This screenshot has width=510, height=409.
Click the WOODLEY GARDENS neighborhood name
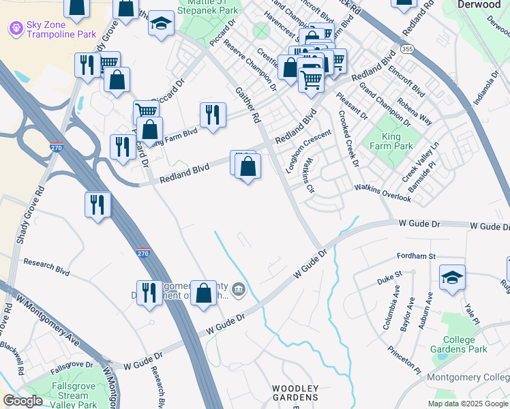pos(295,393)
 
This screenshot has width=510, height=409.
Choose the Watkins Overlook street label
pos(382,193)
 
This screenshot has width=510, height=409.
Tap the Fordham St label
pos(416,256)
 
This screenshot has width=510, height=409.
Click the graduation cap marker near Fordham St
pos(452,277)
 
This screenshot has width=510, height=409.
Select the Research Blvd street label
pos(46,267)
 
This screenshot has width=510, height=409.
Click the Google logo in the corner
pos(22,401)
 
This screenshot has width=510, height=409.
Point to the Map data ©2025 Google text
pos(467,404)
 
